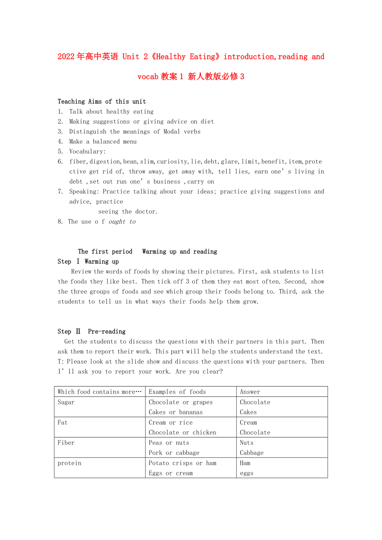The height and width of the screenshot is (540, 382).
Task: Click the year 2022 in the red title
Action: click(x=66, y=57)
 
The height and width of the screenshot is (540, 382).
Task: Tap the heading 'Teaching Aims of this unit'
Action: click(x=102, y=102)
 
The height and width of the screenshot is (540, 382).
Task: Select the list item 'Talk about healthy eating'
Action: click(x=111, y=112)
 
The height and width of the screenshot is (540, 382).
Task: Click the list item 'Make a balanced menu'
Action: click(x=103, y=141)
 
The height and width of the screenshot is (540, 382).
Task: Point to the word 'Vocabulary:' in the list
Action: click(x=88, y=151)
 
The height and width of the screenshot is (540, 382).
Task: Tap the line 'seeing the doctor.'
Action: click(x=128, y=212)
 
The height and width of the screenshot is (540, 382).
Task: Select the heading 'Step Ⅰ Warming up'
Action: click(x=88, y=261)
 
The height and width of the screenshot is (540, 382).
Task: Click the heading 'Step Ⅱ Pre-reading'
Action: click(x=91, y=331)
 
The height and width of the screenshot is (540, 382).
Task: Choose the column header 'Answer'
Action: click(x=250, y=392)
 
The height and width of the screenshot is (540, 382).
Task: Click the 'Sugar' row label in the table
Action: click(x=66, y=402)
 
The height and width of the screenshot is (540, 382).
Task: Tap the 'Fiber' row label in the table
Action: click(x=66, y=443)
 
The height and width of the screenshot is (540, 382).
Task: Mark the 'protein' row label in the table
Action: click(x=69, y=463)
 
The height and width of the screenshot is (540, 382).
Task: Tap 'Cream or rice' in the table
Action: click(x=171, y=422)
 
